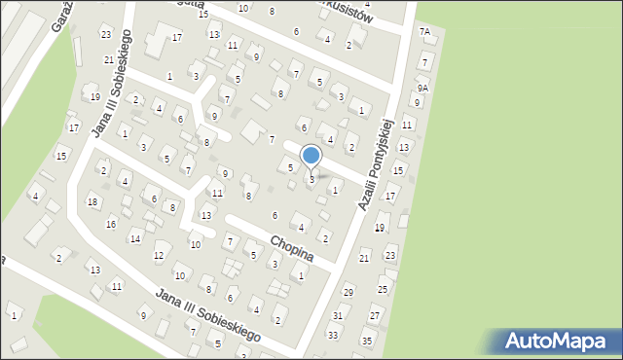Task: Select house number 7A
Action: coord(424,32)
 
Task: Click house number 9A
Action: coord(422,88)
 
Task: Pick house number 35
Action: coord(367,342)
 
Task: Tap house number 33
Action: coord(333,335)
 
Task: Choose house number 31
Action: coord(338,315)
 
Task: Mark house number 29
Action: coord(348,292)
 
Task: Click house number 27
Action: coord(374,316)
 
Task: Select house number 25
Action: coord(383,289)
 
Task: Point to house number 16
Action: coord(112,224)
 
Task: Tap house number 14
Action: coord(135,238)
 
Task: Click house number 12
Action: coord(158,256)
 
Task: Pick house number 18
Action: coord(92,201)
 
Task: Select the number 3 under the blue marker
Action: coord(311,179)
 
